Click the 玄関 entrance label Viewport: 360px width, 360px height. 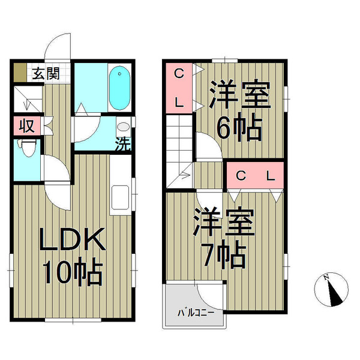click(x=46, y=73)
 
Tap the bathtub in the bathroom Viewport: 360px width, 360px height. click(x=119, y=88)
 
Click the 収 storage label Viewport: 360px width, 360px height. click(x=26, y=126)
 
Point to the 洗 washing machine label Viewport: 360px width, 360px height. click(x=123, y=144)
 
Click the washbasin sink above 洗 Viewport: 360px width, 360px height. click(x=124, y=127)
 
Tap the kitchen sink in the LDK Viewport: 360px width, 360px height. click(x=120, y=197)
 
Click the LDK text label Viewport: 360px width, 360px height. click(x=73, y=239)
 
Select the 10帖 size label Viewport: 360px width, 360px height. click(x=73, y=271)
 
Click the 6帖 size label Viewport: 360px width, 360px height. click(x=239, y=127)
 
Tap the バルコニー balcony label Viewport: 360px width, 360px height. click(x=196, y=313)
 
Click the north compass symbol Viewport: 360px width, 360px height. click(x=331, y=290)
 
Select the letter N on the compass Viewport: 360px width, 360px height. click(x=326, y=278)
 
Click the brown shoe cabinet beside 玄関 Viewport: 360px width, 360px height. click(x=20, y=73)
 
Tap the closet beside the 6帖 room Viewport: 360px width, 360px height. click(x=179, y=88)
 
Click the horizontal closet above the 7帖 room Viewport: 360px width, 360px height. click(x=256, y=175)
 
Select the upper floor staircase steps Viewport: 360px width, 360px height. click(x=179, y=152)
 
